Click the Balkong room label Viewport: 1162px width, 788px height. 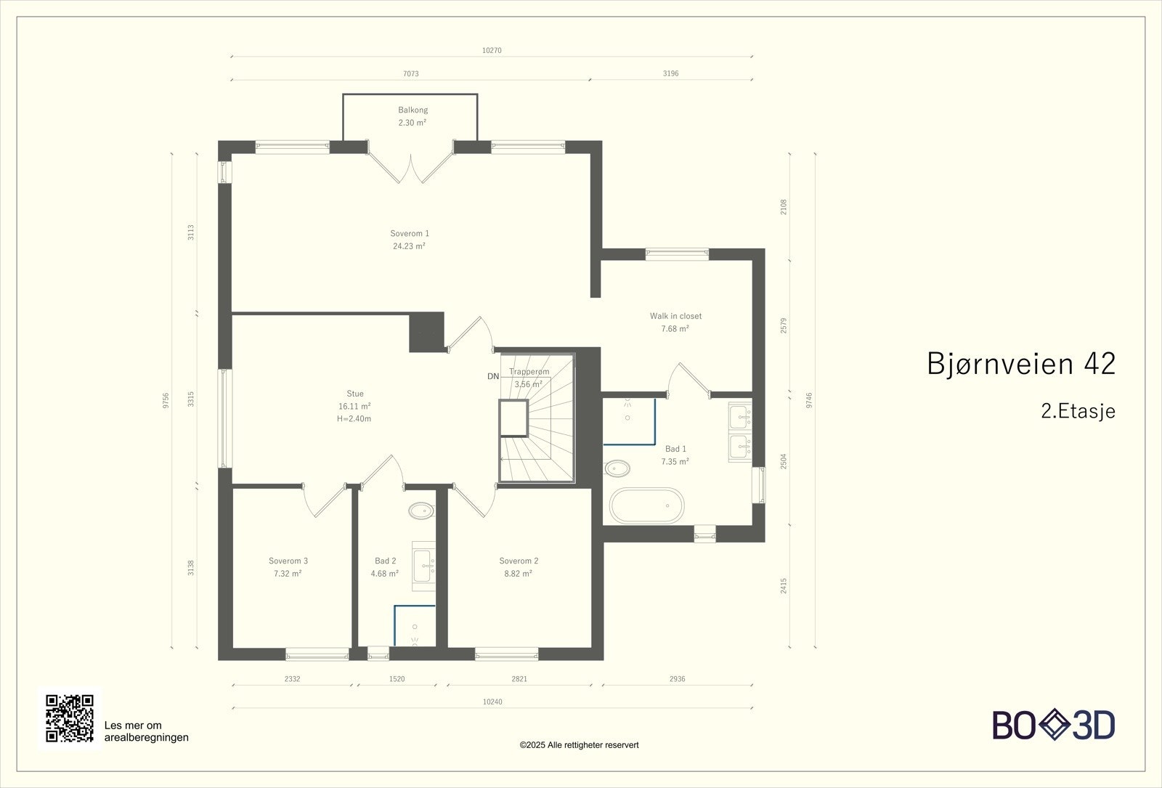413,110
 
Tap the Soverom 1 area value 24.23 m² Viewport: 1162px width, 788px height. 409,246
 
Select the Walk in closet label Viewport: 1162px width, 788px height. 675,316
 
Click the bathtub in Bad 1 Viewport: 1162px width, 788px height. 646,505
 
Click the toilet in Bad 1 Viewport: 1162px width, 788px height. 618,468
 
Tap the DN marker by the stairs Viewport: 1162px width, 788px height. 493,376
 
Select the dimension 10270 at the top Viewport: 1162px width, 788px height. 492,51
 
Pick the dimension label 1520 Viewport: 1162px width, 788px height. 397,679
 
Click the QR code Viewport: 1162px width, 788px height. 70,718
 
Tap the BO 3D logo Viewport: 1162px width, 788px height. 1054,726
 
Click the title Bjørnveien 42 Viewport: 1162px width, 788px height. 1020,364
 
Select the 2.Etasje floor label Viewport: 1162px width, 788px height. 1078,411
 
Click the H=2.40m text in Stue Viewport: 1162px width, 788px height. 354,419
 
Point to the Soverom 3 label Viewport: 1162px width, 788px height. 288,561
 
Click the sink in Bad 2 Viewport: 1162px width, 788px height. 423,561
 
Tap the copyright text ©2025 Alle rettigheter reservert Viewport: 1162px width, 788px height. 579,745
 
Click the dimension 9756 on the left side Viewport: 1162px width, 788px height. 166,400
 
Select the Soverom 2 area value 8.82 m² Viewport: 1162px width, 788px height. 518,573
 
